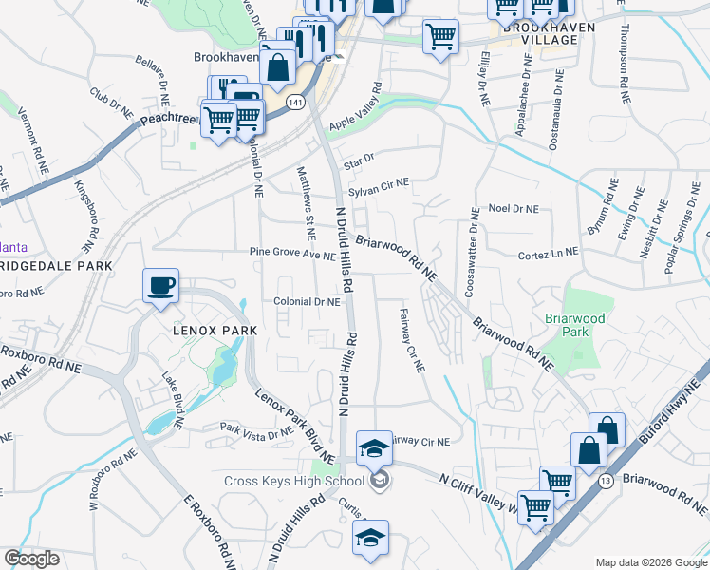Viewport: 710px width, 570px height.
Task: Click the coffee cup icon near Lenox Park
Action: pos(160,285)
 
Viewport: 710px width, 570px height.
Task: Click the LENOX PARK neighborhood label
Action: pos(201,331)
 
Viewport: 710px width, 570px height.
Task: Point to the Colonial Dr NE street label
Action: pos(307,302)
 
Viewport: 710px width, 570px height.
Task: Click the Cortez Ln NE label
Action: pos(548,256)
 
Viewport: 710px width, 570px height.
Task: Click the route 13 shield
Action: pos(605,482)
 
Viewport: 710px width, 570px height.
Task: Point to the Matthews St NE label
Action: pos(306,203)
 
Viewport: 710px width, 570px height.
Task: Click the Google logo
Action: pos(31,559)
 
